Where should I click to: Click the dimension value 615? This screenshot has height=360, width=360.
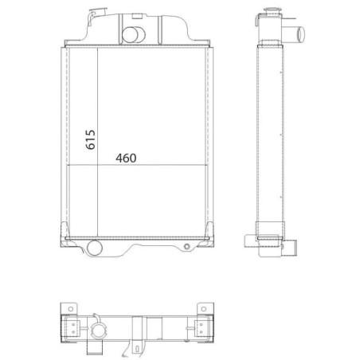pyautogui.click(x=90, y=139)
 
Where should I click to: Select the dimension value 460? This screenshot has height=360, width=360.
pyautogui.click(x=126, y=158)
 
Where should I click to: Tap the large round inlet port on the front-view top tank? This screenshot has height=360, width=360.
pyautogui.click(x=130, y=35)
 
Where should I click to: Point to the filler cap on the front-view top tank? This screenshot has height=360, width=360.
pyautogui.click(x=97, y=12)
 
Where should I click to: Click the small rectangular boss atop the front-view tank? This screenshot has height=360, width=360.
pyautogui.click(x=137, y=16)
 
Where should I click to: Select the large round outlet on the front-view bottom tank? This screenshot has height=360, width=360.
pyautogui.click(x=95, y=248)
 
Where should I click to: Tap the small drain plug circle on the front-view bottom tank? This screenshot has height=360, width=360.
pyautogui.click(x=187, y=247)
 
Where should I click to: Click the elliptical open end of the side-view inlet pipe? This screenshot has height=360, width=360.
pyautogui.click(x=301, y=34)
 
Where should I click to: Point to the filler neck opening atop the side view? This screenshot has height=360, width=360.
pyautogui.click(x=272, y=10)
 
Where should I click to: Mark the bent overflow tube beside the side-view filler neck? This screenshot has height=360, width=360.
pyautogui.click(x=257, y=20)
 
